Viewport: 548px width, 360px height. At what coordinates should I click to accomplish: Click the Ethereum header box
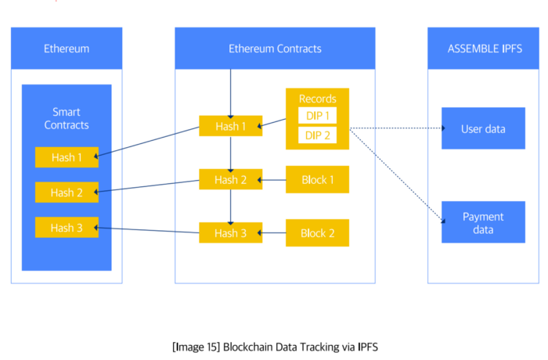coord(67,49)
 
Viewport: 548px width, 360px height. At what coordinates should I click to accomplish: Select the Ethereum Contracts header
coord(275,49)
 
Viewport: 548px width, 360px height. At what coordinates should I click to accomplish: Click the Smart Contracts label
coord(67,119)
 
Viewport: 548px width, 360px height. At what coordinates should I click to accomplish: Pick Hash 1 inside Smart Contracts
coord(67,157)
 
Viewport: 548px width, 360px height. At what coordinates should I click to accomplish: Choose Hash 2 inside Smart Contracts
coord(67,193)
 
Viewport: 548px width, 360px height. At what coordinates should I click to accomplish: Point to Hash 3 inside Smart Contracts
coord(67,228)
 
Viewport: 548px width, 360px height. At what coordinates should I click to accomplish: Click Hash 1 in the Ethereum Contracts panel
coord(230,126)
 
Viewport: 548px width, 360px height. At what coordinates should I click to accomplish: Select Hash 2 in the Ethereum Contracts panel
coord(230,180)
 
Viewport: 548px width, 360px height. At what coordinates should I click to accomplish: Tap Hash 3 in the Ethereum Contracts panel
coord(230,233)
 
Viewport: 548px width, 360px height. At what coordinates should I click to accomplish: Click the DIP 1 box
coord(317,115)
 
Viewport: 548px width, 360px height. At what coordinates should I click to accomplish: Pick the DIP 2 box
coord(317,135)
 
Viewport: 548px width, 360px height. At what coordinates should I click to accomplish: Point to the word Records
coord(317,99)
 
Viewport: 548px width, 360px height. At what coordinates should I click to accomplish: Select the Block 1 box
coord(317,180)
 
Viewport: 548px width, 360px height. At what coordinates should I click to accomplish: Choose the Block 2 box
coord(317,233)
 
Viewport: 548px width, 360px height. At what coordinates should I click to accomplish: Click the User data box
coord(484,129)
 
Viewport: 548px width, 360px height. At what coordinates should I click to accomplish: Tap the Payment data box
coord(484,222)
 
